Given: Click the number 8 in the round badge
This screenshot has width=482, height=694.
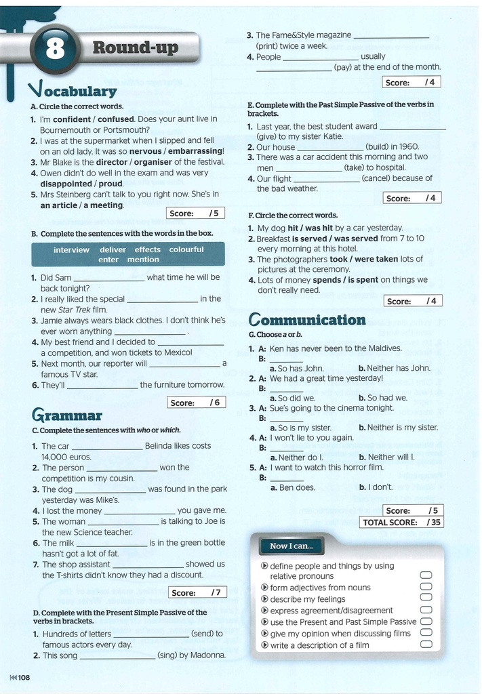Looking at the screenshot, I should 55,49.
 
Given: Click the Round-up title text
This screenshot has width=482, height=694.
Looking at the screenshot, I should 136,47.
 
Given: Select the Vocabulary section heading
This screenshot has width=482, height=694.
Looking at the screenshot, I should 73,90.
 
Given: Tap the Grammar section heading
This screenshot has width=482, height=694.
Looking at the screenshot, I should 67,415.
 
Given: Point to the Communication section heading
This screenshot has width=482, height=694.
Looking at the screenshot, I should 307,320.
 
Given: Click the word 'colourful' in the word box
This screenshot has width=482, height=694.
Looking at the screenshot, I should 186,249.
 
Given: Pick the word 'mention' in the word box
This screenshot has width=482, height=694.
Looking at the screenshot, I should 143,260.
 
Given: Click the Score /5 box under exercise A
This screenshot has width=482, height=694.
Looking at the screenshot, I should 195,213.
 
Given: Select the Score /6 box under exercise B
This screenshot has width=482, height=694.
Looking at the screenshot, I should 196,403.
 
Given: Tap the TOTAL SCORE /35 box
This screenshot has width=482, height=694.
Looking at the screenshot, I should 403,523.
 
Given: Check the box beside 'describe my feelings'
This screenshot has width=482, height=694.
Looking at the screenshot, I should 426,599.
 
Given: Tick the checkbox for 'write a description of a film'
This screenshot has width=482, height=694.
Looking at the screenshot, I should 426,645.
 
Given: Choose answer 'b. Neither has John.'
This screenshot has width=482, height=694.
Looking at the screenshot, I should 394,368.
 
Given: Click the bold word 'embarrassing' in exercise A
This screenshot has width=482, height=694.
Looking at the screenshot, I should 195,151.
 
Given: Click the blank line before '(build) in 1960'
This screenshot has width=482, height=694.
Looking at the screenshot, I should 330,147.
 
